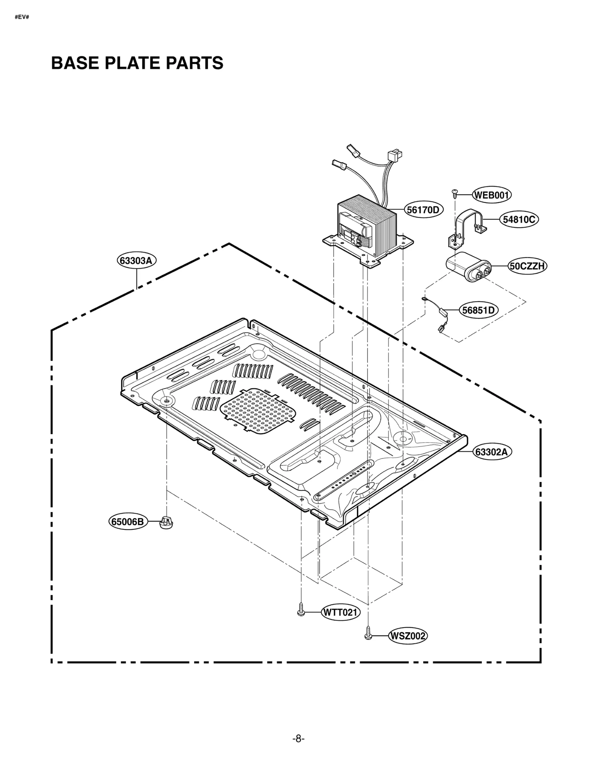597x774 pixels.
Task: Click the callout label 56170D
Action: click(x=423, y=210)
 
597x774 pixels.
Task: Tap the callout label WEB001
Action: click(x=491, y=195)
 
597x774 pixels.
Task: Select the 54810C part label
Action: click(x=519, y=220)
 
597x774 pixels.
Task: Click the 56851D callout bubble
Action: click(x=478, y=310)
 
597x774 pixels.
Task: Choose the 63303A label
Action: click(x=136, y=260)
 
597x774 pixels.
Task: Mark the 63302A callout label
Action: click(x=492, y=452)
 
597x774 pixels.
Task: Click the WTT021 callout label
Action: click(x=340, y=612)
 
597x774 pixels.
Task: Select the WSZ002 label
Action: click(x=407, y=636)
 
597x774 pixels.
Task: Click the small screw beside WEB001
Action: click(x=454, y=193)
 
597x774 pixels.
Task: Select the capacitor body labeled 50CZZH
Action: click(x=468, y=267)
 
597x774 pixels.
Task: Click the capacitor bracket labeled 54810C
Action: click(x=466, y=226)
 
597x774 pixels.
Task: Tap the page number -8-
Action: click(x=298, y=738)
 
